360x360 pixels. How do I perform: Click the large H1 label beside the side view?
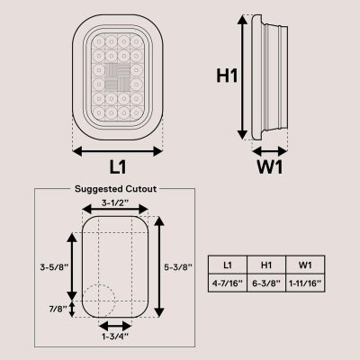click(226, 77)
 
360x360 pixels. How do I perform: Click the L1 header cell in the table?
click(229, 264)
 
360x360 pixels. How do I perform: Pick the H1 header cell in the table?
click(267, 264)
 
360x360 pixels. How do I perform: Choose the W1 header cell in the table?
click(306, 264)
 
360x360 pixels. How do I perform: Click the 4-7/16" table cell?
click(229, 283)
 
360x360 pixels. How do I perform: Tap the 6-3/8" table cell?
click(267, 283)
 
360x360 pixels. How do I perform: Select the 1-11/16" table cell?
click(306, 283)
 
